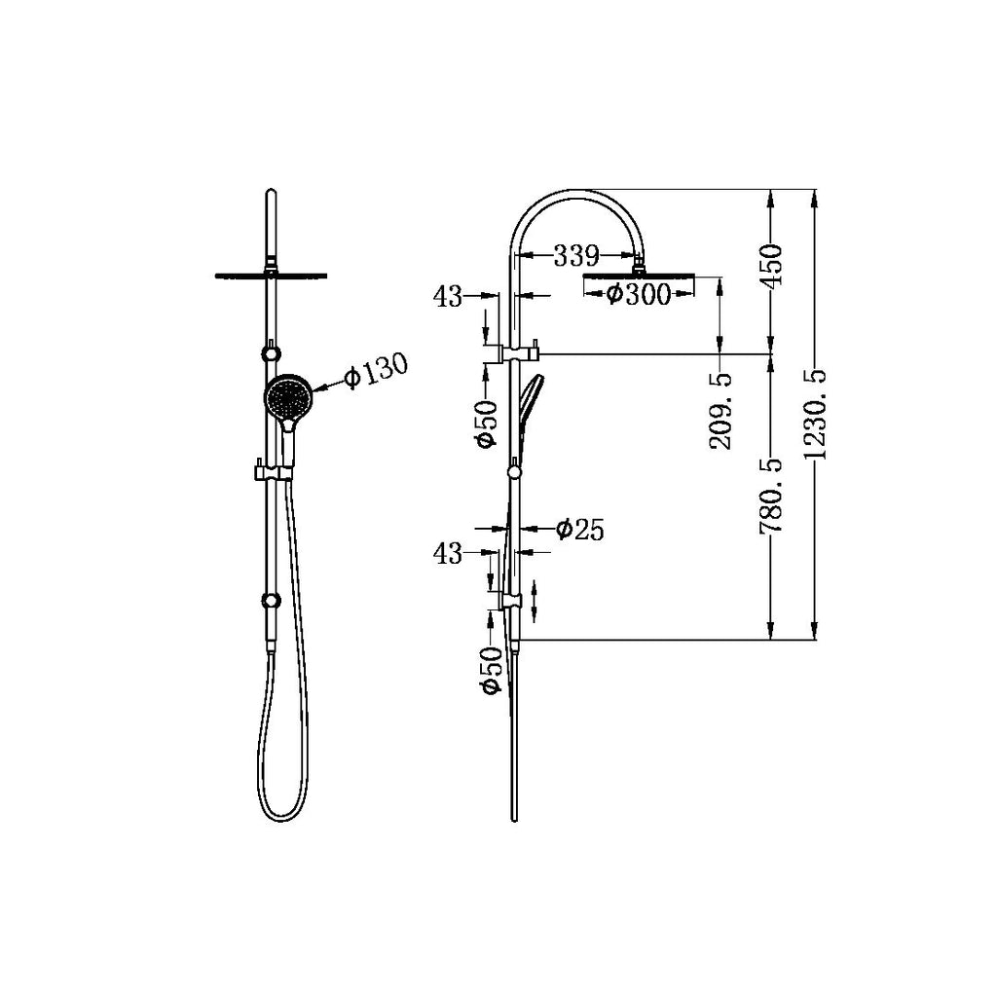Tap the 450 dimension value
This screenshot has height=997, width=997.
point(771,266)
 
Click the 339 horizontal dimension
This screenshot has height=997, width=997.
point(575,257)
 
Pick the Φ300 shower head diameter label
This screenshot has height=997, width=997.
point(639,294)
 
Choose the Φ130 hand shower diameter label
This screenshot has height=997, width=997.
point(375,371)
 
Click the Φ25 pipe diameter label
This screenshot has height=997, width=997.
point(579,530)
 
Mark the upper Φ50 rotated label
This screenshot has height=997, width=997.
point(488,425)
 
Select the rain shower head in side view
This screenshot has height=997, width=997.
point(638,276)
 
